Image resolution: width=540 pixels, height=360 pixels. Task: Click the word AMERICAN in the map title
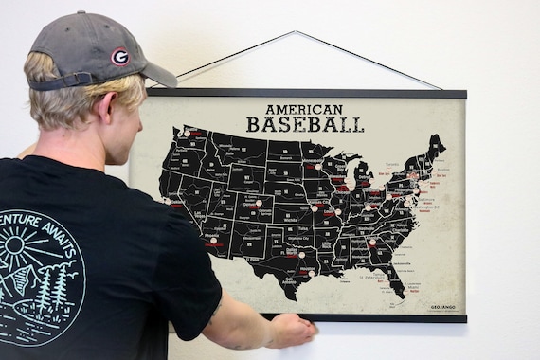pyautogui.click(x=304, y=110)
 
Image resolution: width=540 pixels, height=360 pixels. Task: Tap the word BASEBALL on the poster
pyautogui.click(x=304, y=125)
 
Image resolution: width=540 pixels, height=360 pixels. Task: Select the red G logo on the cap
pyautogui.click(x=119, y=57)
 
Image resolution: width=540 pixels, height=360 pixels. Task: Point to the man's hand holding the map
pyautogui.click(x=292, y=330)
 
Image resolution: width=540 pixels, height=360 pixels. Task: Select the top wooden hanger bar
pyautogui.click(x=306, y=93)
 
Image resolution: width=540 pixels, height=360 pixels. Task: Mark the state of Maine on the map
pyautogui.click(x=434, y=149)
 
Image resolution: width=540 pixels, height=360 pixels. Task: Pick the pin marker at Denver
pyautogui.click(x=257, y=203)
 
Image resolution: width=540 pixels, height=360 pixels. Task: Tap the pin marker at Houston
pyautogui.click(x=302, y=254)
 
